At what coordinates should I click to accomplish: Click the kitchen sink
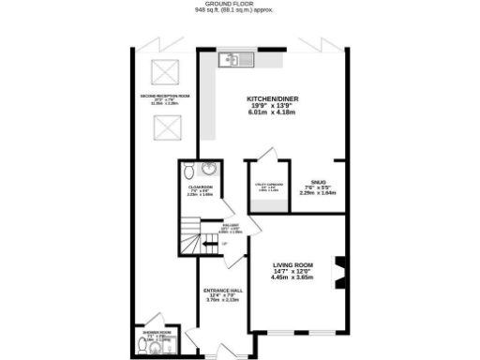[231, 61]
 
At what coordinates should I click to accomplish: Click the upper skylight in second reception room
[167, 71]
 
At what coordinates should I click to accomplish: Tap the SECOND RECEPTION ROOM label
[165, 96]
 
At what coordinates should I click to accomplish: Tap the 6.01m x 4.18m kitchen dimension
[272, 113]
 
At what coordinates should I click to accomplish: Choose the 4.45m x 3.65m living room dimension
[292, 277]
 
